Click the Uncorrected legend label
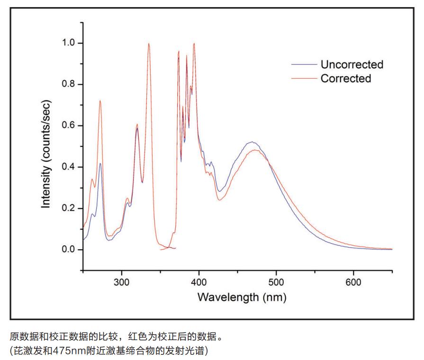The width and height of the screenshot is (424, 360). [x=352, y=64]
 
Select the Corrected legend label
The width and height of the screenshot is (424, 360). [x=346, y=79]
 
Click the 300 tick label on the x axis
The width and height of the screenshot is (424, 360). [x=122, y=283]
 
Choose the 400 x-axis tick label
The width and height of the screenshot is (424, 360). [x=199, y=283]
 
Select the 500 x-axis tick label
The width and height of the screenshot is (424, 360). [x=276, y=283]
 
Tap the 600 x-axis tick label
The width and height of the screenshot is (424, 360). [x=353, y=283]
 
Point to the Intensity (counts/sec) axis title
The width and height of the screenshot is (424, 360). [x=46, y=154]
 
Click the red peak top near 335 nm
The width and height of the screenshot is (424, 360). [x=149, y=44]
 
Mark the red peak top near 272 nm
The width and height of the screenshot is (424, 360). [x=100, y=100]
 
